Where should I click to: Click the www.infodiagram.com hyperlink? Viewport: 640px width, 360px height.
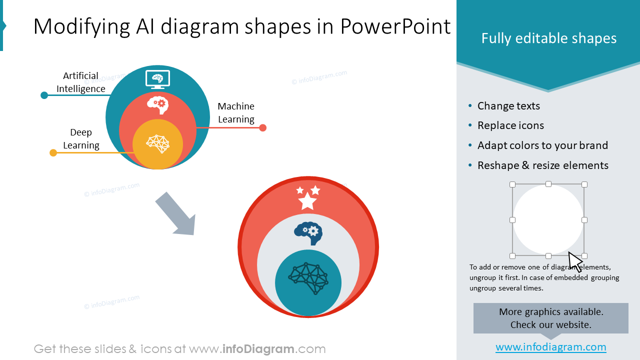pos(550,347)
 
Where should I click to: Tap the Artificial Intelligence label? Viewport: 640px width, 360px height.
pos(80,82)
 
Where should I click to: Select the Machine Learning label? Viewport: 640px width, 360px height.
pos(236,112)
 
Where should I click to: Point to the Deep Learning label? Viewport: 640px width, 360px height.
pos(81,139)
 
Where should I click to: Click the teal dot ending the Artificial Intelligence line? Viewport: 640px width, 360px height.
pos(44,95)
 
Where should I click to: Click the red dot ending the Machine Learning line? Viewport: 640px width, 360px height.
pos(263,128)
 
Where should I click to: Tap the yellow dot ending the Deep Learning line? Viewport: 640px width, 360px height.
pos(53,153)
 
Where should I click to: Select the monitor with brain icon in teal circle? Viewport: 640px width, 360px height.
pos(157,79)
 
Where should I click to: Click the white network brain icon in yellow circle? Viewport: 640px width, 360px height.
pos(157,143)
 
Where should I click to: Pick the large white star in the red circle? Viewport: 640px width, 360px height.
pos(307,201)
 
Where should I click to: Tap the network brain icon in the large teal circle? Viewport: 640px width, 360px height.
pos(308,278)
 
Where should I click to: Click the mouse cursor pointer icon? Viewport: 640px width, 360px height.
pos(575,261)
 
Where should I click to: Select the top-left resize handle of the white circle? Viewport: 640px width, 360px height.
pos(512,184)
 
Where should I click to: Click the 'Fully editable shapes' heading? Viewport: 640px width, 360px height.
pos(548,38)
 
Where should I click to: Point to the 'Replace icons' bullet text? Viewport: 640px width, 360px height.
pos(510,125)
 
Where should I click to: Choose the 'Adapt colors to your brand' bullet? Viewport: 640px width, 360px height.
pos(542,145)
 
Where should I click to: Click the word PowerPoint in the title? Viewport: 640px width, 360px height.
pos(395,26)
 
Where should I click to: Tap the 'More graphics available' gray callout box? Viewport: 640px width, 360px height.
pos(550,318)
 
